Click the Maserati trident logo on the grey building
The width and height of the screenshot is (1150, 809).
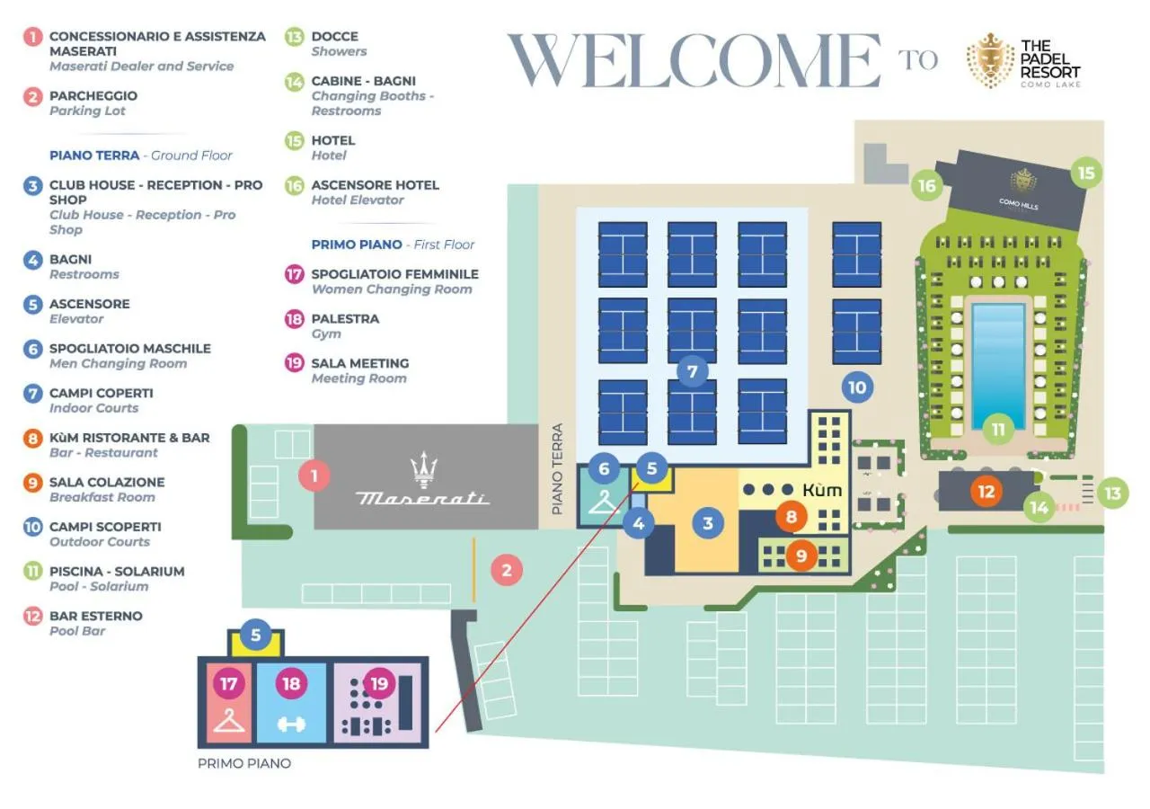click(423, 470)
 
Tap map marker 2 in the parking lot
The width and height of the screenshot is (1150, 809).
click(507, 569)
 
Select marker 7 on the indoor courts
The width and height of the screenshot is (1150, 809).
click(692, 370)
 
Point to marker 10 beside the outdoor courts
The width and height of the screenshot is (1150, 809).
click(857, 387)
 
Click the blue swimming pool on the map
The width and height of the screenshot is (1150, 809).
click(997, 352)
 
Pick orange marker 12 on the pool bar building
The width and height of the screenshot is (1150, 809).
click(986, 492)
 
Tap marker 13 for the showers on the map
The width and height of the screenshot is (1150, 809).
click(1113, 493)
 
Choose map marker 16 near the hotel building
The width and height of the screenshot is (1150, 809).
click(926, 186)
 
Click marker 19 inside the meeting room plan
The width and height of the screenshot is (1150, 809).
click(379, 684)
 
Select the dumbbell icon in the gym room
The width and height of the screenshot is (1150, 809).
click(291, 724)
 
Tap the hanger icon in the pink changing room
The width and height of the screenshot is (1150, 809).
click(230, 720)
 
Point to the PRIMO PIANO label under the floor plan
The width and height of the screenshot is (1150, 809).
click(244, 763)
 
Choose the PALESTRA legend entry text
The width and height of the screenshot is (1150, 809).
click(345, 318)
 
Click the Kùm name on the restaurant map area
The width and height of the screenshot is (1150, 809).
click(822, 490)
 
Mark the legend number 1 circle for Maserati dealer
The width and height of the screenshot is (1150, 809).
click(33, 37)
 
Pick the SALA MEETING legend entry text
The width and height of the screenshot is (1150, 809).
click(359, 363)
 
